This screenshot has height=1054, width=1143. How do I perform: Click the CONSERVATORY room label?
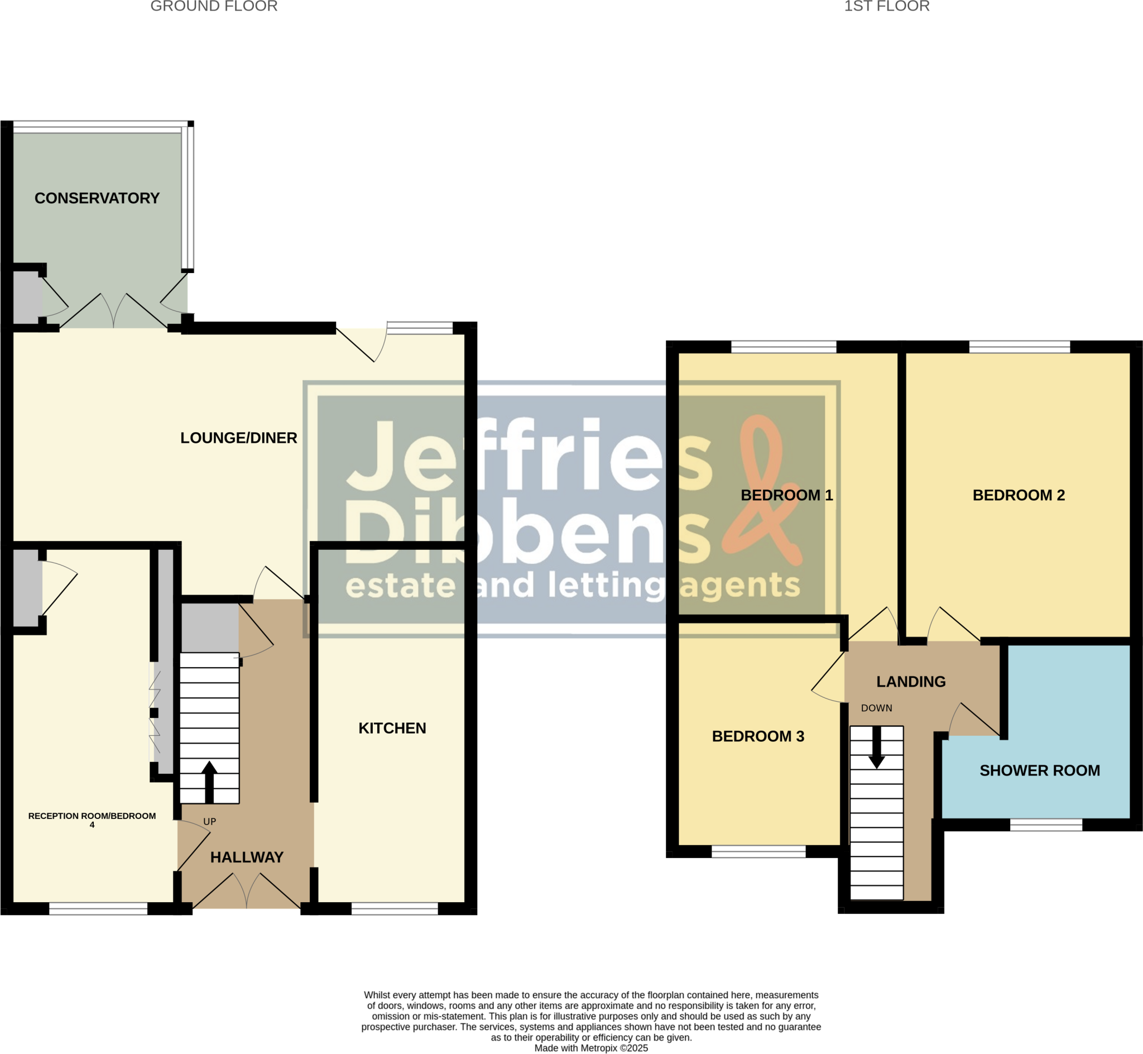pos(97,198)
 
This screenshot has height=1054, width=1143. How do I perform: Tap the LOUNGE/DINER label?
pos(238,438)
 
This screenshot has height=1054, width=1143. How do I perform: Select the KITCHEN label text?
pos(392,728)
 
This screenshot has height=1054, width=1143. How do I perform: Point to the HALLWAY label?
pos(247,857)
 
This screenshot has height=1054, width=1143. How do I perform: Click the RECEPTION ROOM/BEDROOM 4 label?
pos(92,820)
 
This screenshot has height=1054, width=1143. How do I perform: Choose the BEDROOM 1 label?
pos(787,495)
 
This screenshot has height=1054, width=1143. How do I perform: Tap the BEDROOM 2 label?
pos(1018,495)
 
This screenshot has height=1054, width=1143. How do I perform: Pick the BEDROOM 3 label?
pos(758,736)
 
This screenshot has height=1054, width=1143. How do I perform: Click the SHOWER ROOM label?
pos(1039,770)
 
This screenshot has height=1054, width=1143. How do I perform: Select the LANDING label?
pos(910,681)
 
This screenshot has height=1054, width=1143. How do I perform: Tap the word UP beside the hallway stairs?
pos(209,821)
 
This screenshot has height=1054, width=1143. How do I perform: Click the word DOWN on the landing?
pos(876,708)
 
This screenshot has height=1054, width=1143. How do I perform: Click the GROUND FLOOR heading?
pos(214,6)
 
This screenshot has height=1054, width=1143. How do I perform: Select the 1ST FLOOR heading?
pos(886,6)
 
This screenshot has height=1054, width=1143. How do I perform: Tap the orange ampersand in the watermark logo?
pos(761,491)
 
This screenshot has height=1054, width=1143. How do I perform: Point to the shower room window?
pos(1045,825)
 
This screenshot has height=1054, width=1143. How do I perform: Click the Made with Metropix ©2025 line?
pos(590,1048)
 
